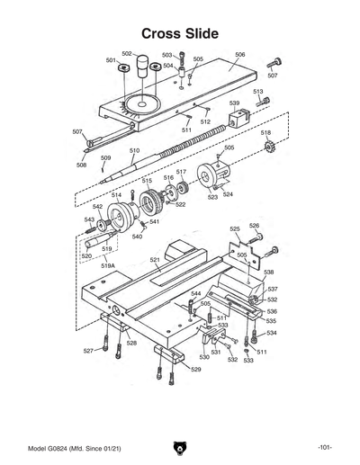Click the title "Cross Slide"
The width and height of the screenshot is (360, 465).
pyautogui.click(x=180, y=33)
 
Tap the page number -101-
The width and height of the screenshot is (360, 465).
pyautogui.click(x=325, y=447)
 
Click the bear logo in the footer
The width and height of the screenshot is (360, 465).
pyautogui.click(x=180, y=447)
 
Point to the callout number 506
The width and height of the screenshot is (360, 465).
pyautogui.click(x=240, y=54)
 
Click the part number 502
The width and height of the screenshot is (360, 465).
pyautogui.click(x=127, y=54)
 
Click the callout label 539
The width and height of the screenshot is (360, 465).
pyautogui.click(x=234, y=103)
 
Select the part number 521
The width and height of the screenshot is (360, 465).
pyautogui.click(x=155, y=260)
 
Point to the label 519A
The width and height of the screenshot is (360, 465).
pyautogui.click(x=108, y=266)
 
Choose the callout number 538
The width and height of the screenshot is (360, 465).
pyautogui.click(x=268, y=272)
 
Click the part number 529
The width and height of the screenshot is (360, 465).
pyautogui.click(x=196, y=369)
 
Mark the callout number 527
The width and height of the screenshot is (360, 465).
pyautogui.click(x=89, y=350)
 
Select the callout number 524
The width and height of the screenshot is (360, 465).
pyautogui.click(x=228, y=193)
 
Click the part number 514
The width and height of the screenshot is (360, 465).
pyautogui.click(x=116, y=195)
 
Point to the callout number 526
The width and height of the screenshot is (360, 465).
pyautogui.click(x=255, y=226)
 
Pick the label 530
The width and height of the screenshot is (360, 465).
pyautogui.click(x=204, y=357)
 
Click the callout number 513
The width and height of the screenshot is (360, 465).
pyautogui.click(x=258, y=92)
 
